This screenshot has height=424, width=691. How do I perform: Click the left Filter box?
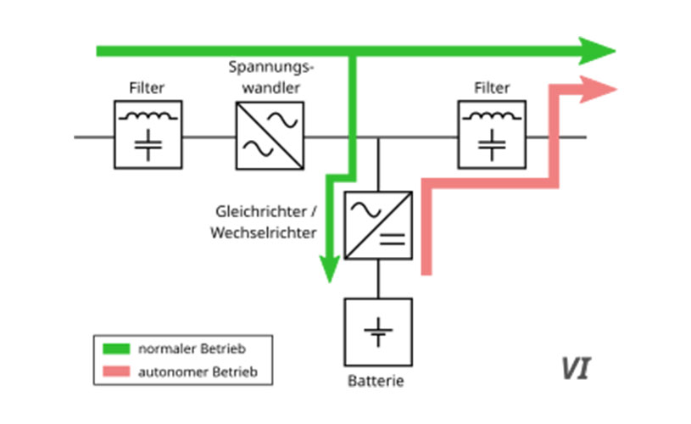148,135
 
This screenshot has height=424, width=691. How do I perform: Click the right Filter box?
491,135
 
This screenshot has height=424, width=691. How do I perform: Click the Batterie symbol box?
378,332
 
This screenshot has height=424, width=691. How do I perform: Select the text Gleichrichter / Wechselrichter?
264,220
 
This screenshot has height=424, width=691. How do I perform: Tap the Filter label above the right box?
492,87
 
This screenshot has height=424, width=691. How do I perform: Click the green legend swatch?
116,348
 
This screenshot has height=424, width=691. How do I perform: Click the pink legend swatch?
116,371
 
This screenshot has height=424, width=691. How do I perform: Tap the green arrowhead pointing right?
598,51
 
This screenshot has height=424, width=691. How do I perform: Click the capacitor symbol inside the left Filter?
149,147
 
